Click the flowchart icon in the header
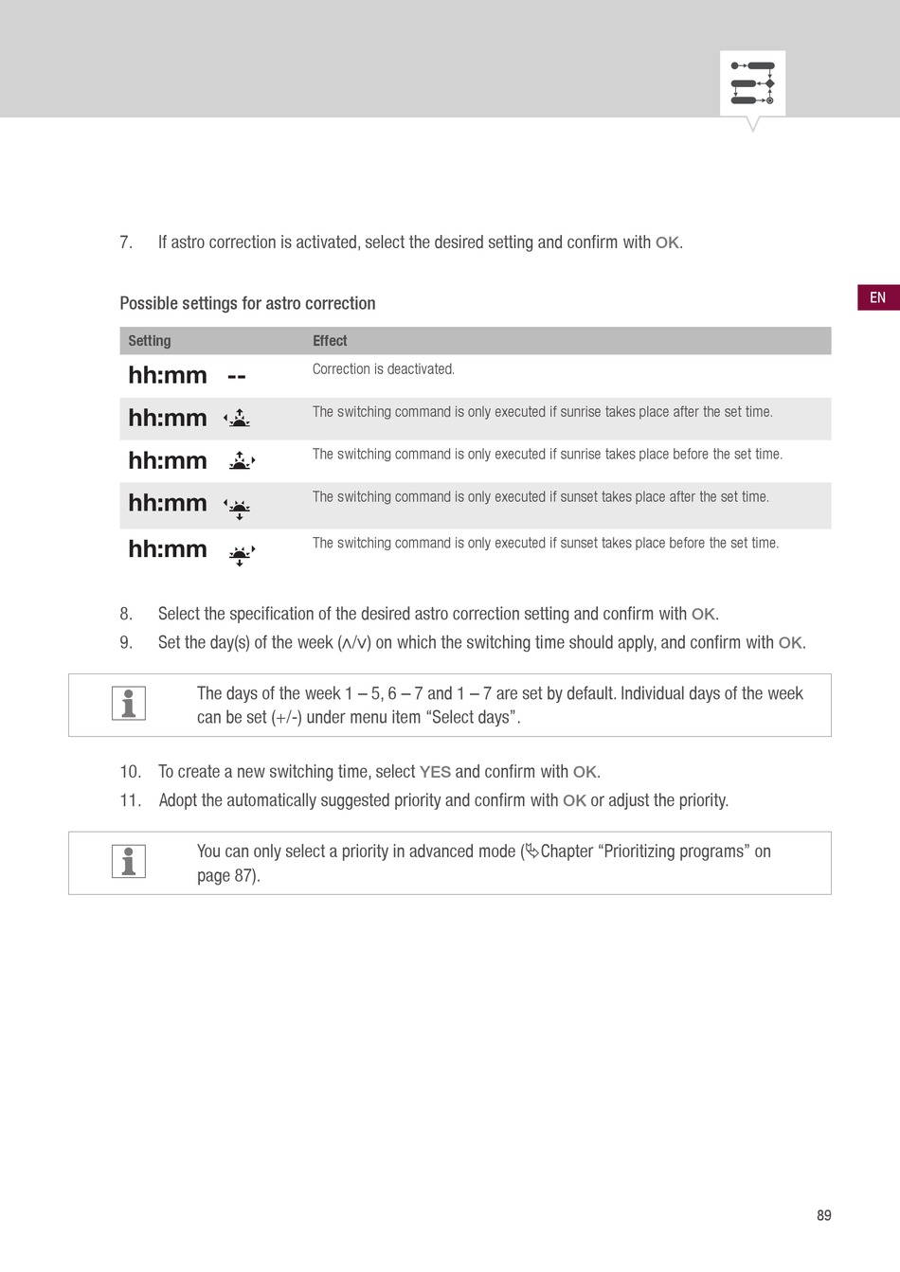pos(752,83)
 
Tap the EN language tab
pos(878,297)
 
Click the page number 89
pos(824,1214)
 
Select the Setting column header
pos(150,341)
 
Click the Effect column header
pos(330,341)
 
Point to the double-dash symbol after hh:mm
pos(237,376)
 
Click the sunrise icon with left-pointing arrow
pos(238,418)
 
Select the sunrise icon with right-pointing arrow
pos(242,460)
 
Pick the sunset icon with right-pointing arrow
pos(242,555)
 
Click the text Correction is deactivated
pos(384,369)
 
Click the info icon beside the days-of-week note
pos(129,703)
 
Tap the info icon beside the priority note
pos(129,861)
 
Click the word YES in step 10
pos(435,772)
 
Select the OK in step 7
pos(667,243)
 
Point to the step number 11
pos(130,800)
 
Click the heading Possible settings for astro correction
pos(247,303)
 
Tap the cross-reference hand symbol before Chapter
pos(532,851)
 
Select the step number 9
pos(125,643)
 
